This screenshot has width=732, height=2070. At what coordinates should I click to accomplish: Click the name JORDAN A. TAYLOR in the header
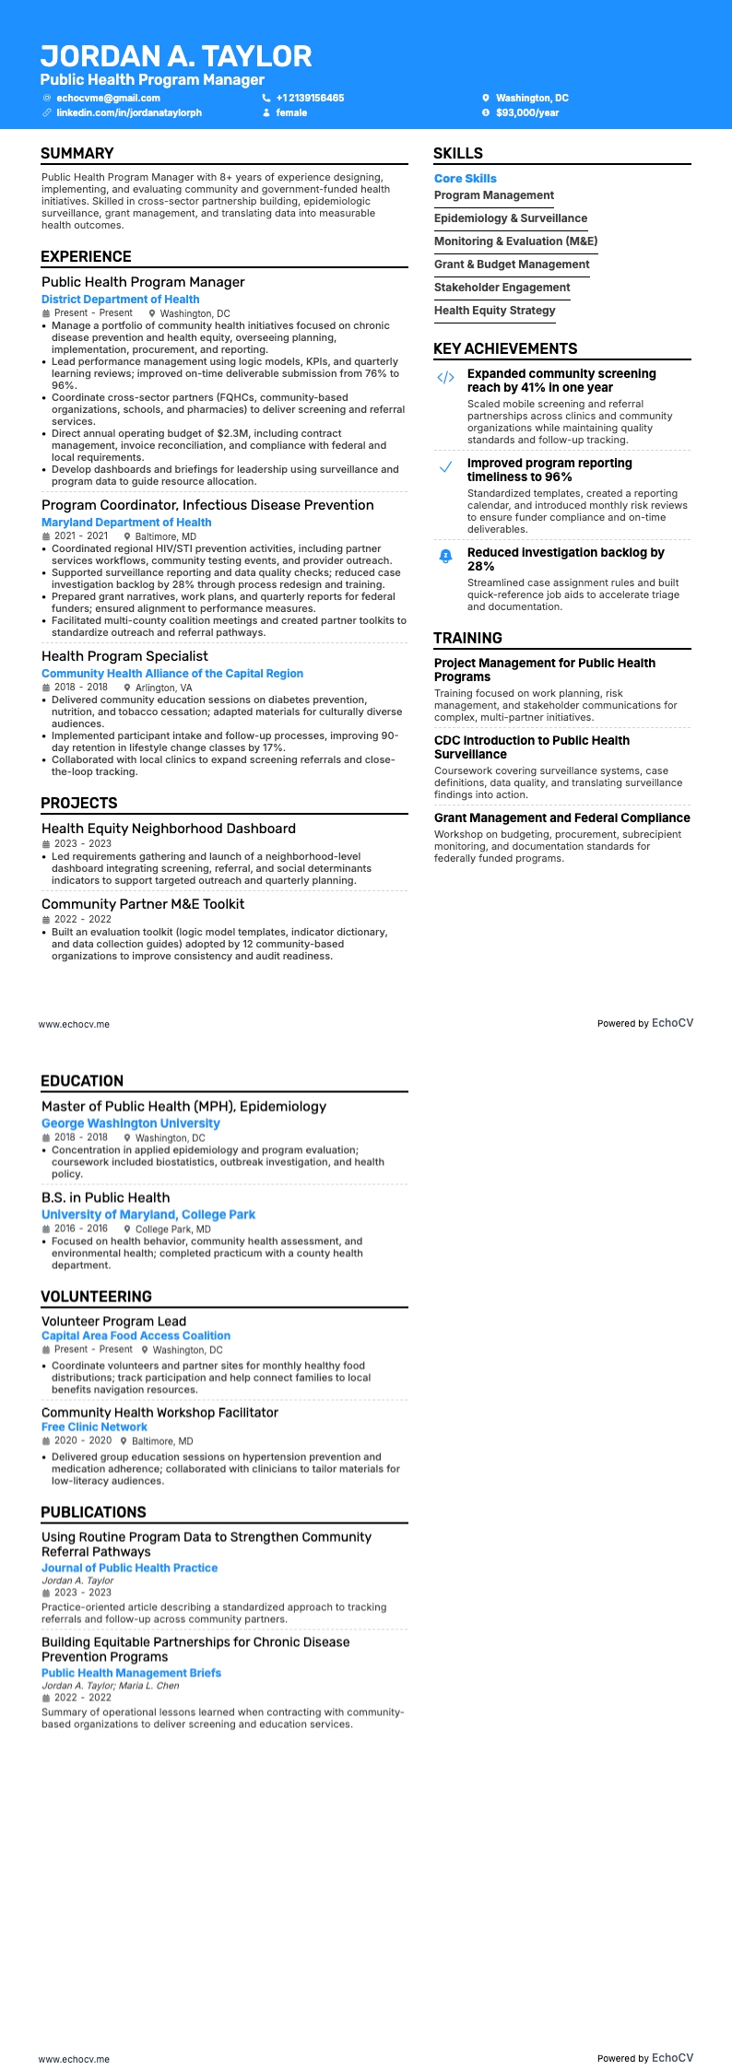tap(176, 56)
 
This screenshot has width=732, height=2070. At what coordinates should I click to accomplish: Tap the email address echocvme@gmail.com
tap(108, 98)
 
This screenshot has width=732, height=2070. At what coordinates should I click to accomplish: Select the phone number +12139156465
tap(310, 98)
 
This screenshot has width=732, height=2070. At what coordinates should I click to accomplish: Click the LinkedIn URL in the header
tap(129, 112)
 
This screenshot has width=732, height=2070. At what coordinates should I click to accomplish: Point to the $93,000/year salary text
tap(527, 112)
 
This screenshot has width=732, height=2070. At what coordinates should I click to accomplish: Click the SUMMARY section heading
tap(77, 154)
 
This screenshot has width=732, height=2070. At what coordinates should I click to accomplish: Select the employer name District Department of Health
tap(120, 300)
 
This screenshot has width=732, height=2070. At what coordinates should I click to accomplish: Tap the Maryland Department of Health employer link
tap(126, 523)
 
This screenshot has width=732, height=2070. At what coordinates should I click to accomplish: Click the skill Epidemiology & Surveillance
tap(511, 218)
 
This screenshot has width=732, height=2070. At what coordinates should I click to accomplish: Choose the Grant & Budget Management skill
tap(512, 265)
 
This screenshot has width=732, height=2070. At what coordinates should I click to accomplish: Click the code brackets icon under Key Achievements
tap(445, 377)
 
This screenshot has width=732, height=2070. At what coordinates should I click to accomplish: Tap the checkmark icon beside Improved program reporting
tap(445, 467)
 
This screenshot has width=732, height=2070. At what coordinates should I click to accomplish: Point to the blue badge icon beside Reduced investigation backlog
tap(445, 556)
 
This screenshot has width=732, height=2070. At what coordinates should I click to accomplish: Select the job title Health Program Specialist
tap(124, 656)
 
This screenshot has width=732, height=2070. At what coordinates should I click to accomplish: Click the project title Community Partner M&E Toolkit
tap(143, 904)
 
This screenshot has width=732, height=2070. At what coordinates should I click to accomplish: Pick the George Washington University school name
tap(131, 1123)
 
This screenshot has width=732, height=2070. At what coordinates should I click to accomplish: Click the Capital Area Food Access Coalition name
tap(136, 1335)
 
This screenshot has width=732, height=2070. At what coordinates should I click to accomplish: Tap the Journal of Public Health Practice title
tap(129, 1568)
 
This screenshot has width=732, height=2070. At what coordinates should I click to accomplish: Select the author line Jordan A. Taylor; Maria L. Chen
tap(111, 1686)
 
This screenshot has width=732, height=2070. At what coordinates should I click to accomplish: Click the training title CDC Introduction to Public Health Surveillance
tap(532, 747)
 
